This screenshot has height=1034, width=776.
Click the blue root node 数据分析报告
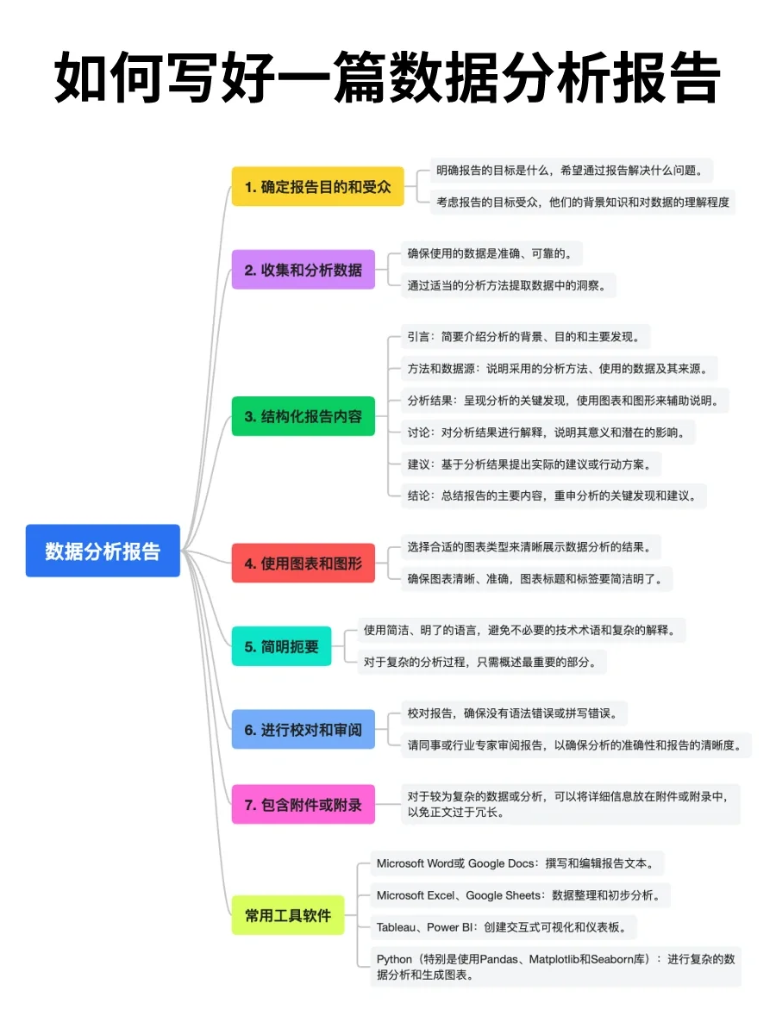(103, 551)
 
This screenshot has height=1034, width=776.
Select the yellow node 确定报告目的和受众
(317, 186)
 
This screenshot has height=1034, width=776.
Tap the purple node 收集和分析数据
(303, 270)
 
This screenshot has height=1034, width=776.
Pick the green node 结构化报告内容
(303, 416)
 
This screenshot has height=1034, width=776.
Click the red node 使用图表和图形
(303, 564)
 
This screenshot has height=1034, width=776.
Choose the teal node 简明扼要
(281, 646)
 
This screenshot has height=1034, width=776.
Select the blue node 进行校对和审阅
(303, 730)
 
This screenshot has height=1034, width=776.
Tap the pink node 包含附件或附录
(303, 805)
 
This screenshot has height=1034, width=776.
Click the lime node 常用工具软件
(287, 915)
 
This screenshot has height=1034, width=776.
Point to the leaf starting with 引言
(529, 336)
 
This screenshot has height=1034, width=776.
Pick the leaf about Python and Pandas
(555, 966)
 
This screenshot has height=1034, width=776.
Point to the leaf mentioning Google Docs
(519, 863)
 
